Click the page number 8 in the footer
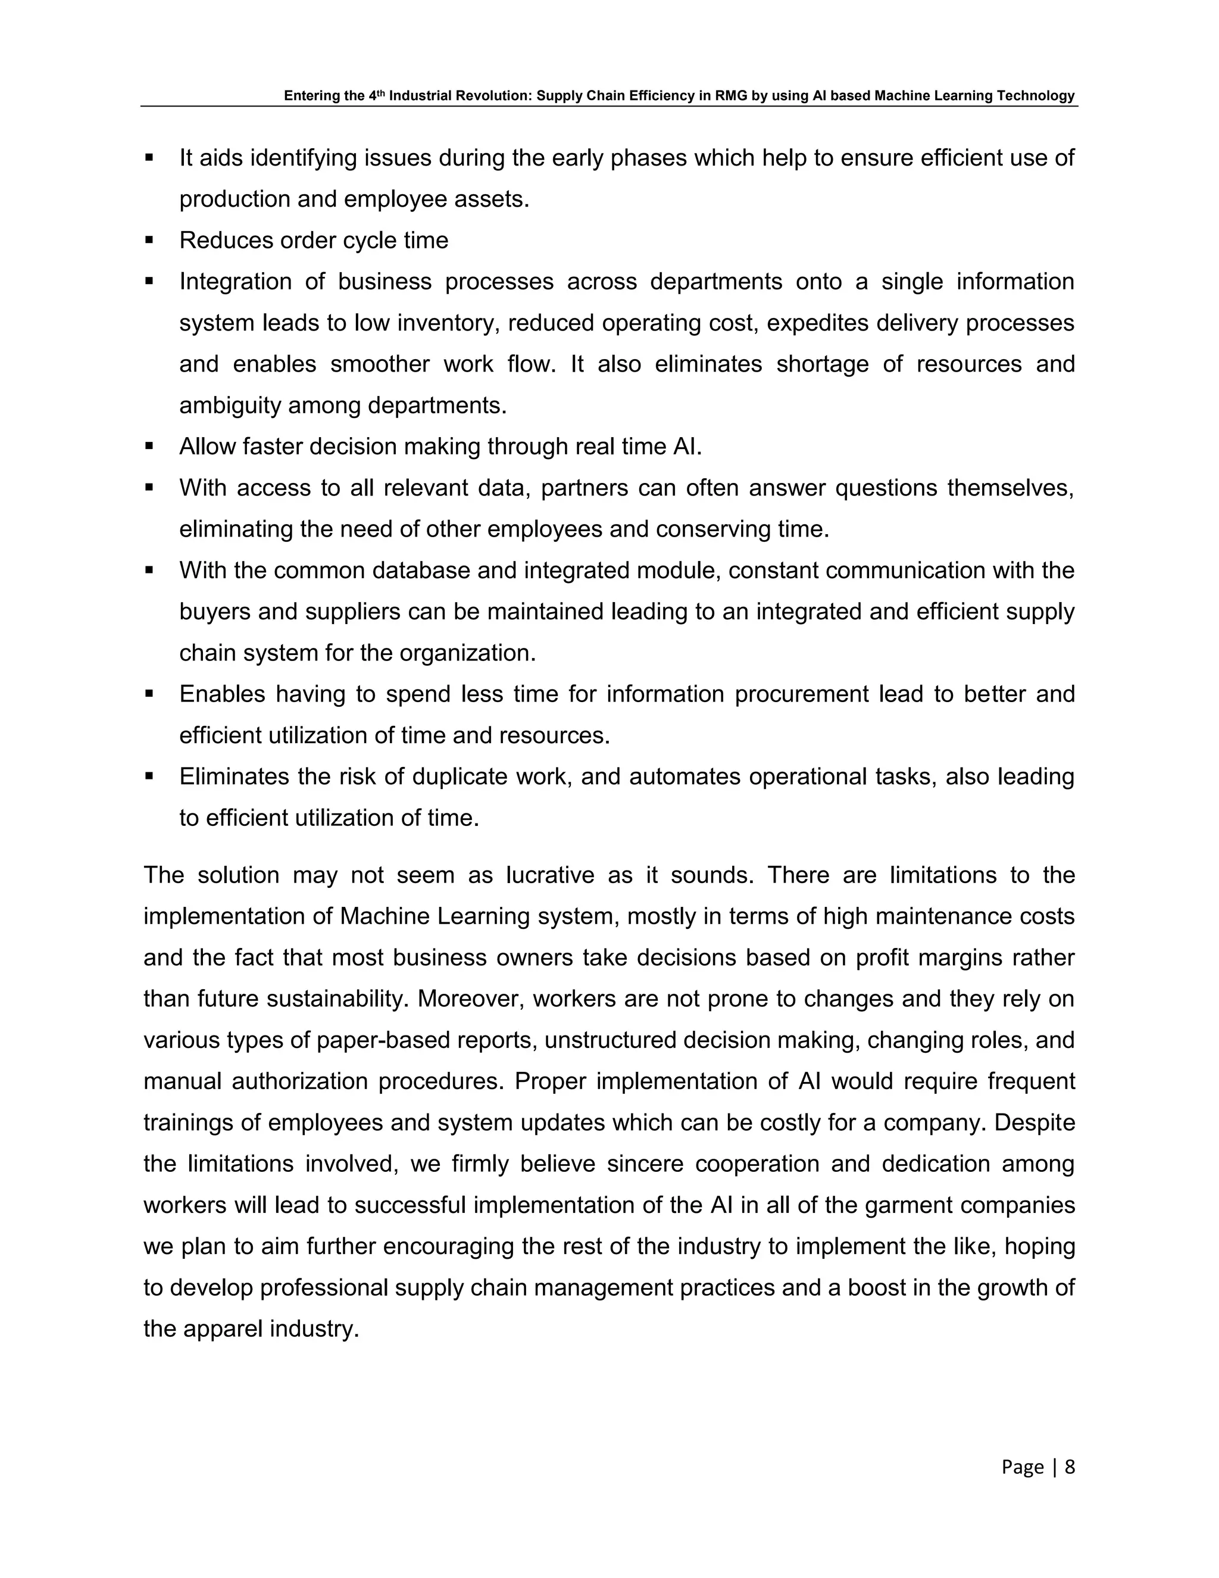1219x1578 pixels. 1070,1466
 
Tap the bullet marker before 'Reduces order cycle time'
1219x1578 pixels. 149,239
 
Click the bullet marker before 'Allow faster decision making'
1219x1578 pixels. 149,446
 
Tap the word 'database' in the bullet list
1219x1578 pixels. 421,570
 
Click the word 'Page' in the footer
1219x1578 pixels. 1023,1466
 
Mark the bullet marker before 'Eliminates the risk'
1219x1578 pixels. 149,776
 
